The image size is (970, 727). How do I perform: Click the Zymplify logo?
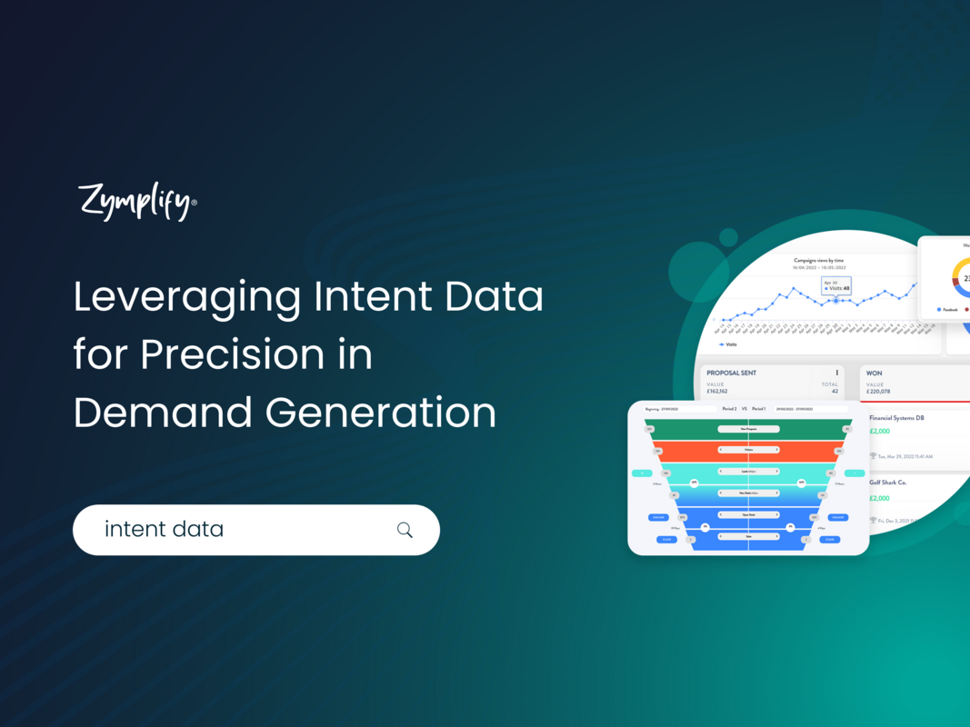[136, 202]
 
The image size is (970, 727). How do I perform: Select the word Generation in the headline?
[381, 413]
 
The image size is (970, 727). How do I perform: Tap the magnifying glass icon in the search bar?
[405, 530]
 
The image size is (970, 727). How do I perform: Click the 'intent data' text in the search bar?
[164, 529]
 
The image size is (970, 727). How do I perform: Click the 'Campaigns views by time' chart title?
[819, 260]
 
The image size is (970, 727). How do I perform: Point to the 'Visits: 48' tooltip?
[836, 289]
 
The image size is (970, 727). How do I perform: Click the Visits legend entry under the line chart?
[728, 344]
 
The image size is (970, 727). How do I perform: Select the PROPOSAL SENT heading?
[731, 373]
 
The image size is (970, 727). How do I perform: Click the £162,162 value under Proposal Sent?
[724, 392]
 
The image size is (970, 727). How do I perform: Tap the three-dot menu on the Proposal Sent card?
[836, 373]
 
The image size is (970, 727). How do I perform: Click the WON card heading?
[875, 373]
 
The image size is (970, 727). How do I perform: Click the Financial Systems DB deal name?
[896, 418]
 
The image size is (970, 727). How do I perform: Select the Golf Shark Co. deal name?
[887, 483]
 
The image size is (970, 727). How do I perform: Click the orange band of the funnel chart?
[748, 450]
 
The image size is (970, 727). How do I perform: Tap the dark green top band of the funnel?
[748, 428]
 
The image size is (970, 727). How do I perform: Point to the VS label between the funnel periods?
[744, 409]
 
